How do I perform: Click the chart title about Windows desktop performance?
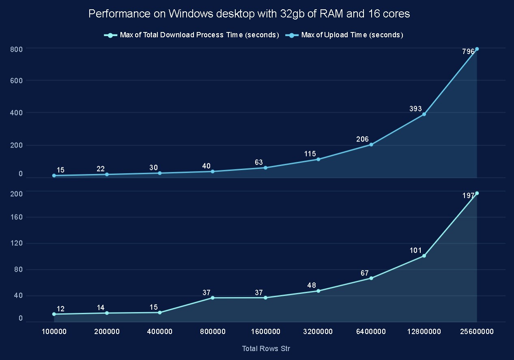(x=249, y=14)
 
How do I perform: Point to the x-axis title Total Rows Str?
(x=266, y=349)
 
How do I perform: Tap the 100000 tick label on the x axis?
(x=54, y=332)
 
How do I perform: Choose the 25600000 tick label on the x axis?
(x=477, y=332)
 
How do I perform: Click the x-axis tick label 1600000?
(x=266, y=332)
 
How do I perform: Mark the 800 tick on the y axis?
(x=17, y=49)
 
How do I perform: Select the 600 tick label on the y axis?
(x=17, y=81)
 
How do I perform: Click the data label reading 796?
(x=468, y=52)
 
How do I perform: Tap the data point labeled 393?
(x=424, y=114)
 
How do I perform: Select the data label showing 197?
(x=468, y=196)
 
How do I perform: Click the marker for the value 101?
(x=424, y=256)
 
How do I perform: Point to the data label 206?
(x=362, y=139)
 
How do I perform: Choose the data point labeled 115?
(x=318, y=159)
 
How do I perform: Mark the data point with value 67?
(x=371, y=278)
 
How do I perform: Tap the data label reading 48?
(x=312, y=285)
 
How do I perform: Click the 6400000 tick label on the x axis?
(x=371, y=332)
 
